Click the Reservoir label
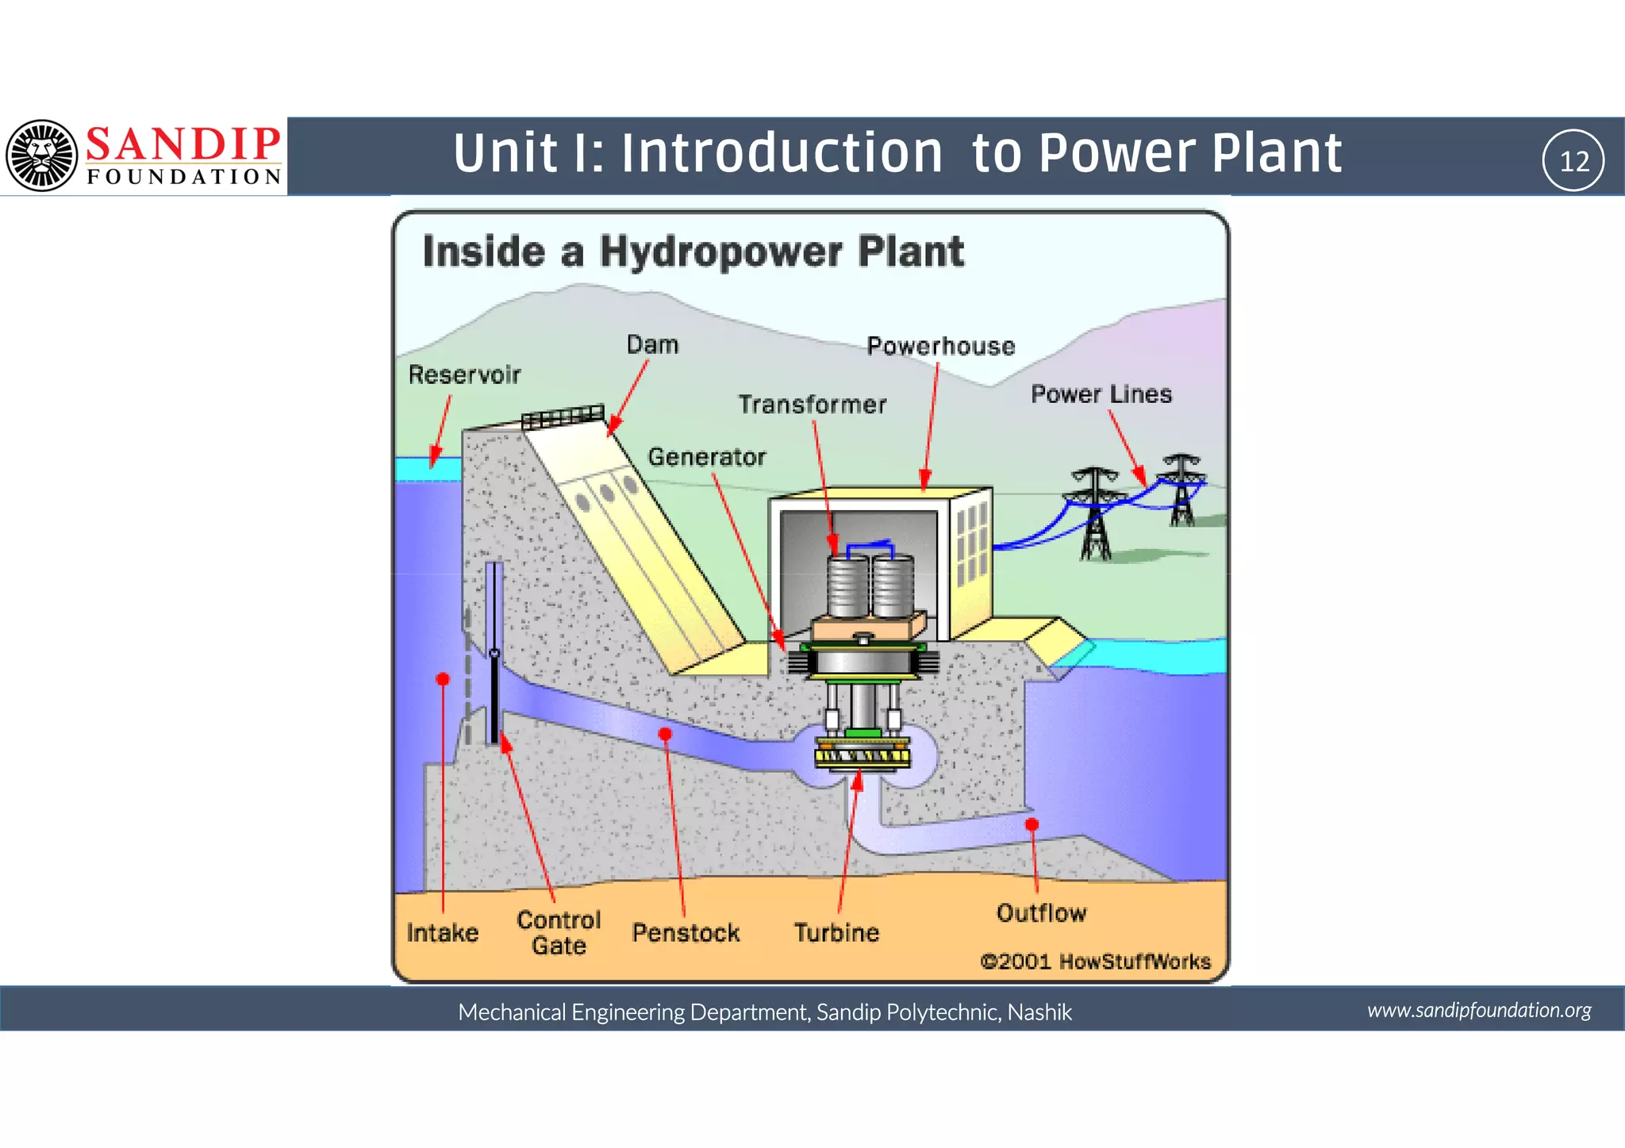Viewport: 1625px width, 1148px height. [x=464, y=374]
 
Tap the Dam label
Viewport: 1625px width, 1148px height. [x=652, y=345]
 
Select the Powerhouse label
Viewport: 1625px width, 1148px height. [x=940, y=347]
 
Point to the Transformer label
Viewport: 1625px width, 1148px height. [x=812, y=405]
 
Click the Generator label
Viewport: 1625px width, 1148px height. [x=707, y=457]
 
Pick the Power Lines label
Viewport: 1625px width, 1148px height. [x=1101, y=394]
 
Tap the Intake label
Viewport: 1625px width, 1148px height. [x=443, y=932]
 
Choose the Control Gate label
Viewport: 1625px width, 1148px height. [x=559, y=932]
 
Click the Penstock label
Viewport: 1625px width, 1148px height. [x=686, y=932]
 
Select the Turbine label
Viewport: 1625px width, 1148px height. [x=836, y=932]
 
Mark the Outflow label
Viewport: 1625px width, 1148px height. [x=1041, y=913]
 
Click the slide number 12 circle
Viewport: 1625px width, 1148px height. [x=1573, y=161]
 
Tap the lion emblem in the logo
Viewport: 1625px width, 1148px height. [x=42, y=155]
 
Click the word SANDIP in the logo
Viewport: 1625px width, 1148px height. [x=183, y=144]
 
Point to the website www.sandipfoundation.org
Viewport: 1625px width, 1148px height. [x=1479, y=1010]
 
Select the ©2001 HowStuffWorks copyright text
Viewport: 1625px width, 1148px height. [x=1096, y=962]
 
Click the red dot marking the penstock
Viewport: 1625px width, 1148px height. [x=666, y=734]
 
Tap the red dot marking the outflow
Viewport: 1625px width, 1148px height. [x=1031, y=824]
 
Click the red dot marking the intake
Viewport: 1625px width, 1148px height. [x=443, y=679]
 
